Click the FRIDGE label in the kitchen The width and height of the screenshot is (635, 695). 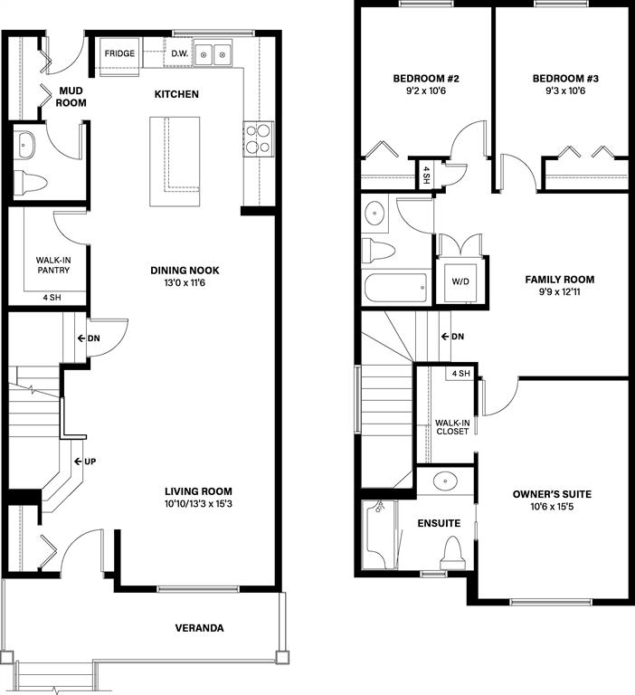[119, 53]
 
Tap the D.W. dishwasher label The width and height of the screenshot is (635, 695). [179, 53]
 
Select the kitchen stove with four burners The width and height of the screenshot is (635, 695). [258, 138]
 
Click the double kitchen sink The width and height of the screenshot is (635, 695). [213, 54]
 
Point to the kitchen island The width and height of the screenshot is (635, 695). [175, 161]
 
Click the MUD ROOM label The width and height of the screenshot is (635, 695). [71, 97]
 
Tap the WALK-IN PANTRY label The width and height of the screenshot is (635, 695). [53, 265]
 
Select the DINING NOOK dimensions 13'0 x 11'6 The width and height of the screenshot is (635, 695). [185, 282]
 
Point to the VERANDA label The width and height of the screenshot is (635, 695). [199, 628]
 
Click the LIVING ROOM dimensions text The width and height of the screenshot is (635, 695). [198, 503]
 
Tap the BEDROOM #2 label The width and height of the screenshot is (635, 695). [426, 79]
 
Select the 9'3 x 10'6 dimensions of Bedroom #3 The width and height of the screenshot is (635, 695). [565, 90]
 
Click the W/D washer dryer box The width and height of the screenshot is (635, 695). [460, 281]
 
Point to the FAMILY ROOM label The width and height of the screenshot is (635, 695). [560, 280]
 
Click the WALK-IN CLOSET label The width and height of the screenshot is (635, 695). [452, 427]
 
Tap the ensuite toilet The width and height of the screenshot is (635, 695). [452, 553]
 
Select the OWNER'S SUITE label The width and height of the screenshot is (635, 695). [552, 494]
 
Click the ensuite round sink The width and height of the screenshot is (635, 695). [446, 481]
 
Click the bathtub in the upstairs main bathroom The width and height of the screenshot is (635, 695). [395, 288]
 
